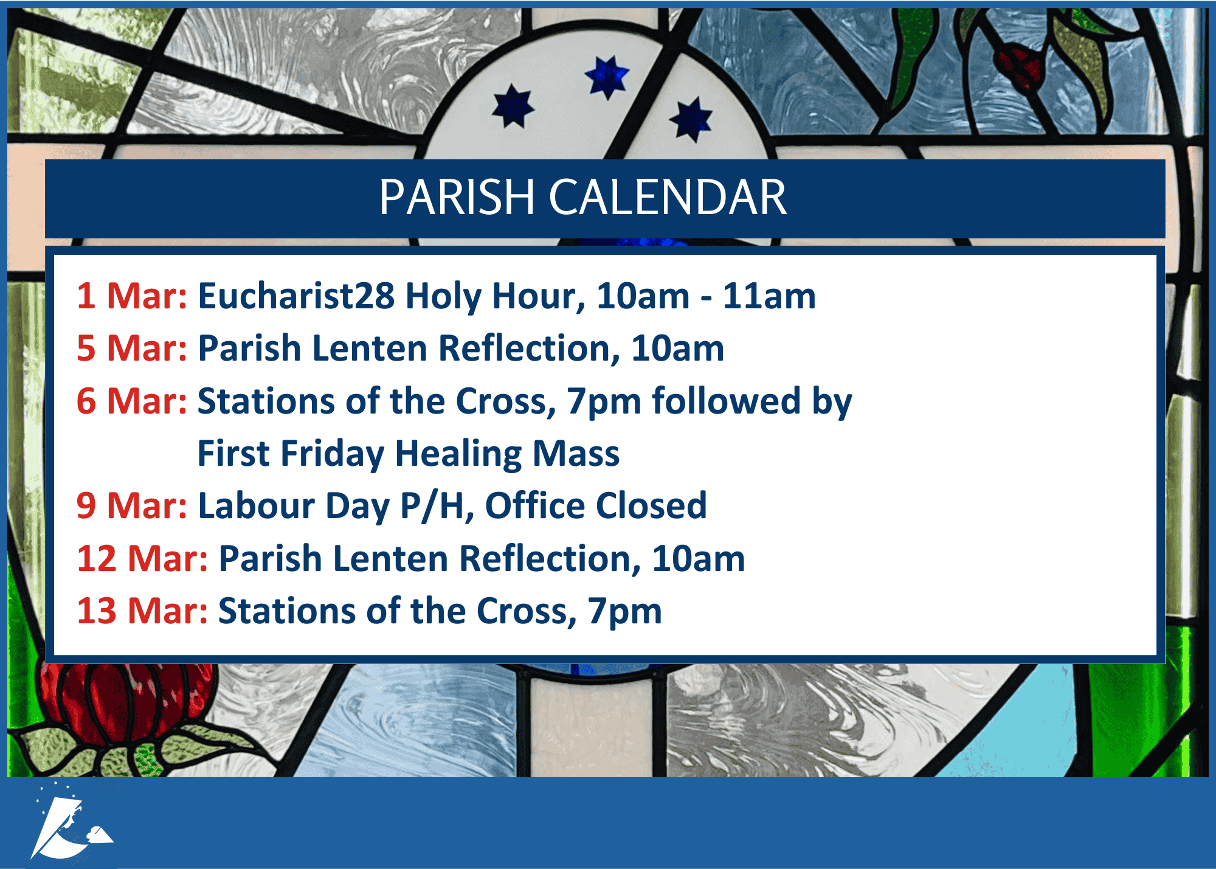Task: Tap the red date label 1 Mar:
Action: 132,296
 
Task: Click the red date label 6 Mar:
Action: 132,401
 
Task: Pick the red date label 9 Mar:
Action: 132,505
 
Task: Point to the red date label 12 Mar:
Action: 143,558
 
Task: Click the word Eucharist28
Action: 297,296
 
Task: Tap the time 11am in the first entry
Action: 769,296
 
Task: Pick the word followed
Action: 727,401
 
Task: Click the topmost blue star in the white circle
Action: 607,77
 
